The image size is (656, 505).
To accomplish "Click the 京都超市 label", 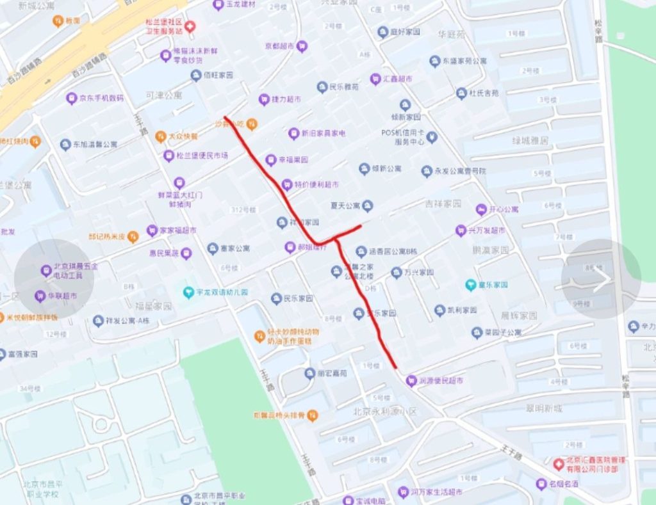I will coord(280,46).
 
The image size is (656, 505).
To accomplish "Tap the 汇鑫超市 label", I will coord(398,79).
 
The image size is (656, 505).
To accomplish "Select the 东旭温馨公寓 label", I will coord(95,145).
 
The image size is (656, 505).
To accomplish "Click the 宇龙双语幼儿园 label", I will coord(222,293).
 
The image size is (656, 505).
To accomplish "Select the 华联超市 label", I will coord(62,296).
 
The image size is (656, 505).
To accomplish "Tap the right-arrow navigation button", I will coord(601,279).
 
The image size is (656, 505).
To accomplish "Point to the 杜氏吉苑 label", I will coord(483,93).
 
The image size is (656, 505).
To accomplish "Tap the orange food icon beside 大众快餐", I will coord(161,136).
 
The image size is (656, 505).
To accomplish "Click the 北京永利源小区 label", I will coord(384,411).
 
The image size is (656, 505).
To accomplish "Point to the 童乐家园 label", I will coord(495,284).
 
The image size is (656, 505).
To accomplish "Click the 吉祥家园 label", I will coord(443,204).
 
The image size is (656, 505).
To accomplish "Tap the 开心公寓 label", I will coord(504,209).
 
